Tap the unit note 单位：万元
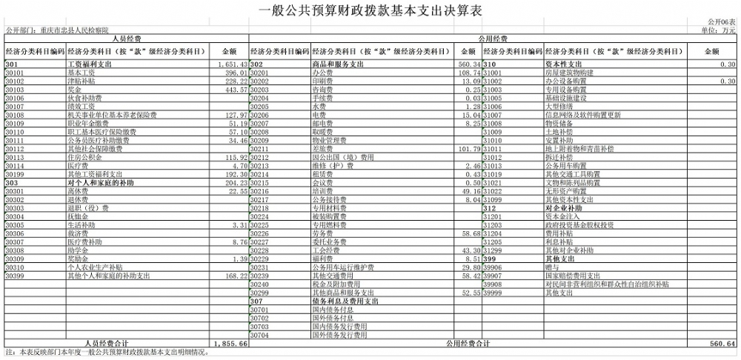[x=720, y=31]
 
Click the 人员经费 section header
[x=127, y=39]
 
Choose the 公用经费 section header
[x=493, y=39]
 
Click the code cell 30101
[x=16, y=73]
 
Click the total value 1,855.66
[x=230, y=344]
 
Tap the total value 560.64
[x=722, y=344]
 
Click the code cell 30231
[x=262, y=267]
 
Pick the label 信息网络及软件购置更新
[x=583, y=116]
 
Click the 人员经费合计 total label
[x=107, y=344]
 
